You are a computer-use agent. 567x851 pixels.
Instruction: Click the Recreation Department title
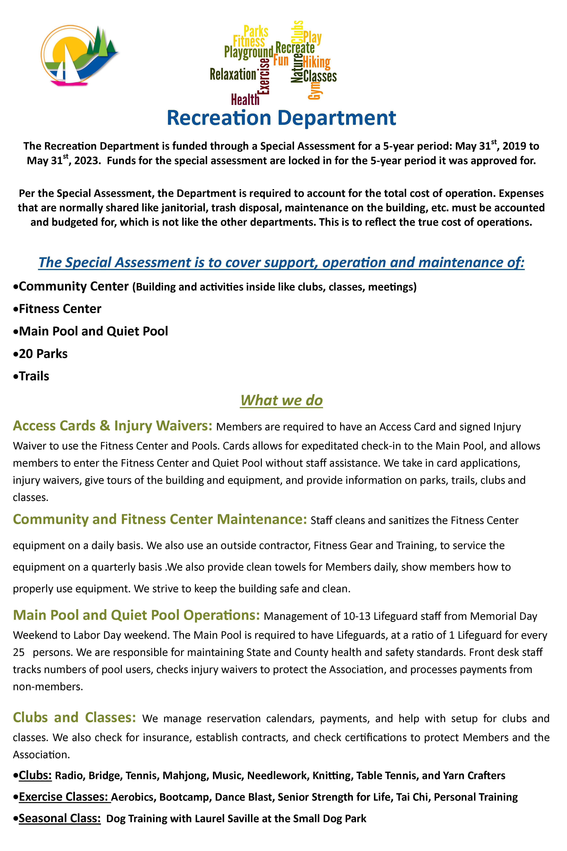pos(281,118)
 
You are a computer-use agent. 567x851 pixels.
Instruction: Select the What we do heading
pos(281,400)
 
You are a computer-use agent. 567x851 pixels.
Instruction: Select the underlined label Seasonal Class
pos(60,818)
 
